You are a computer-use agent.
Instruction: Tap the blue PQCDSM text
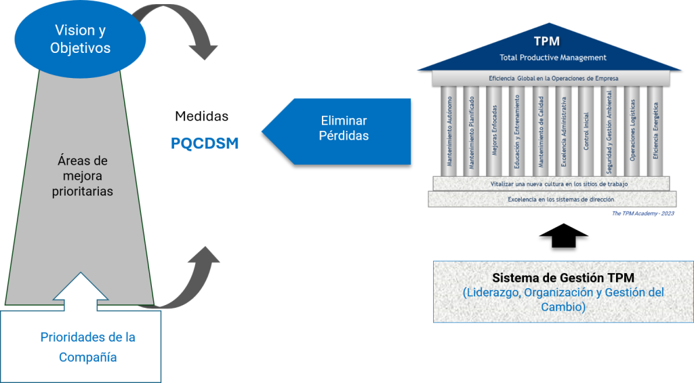pyautogui.click(x=205, y=144)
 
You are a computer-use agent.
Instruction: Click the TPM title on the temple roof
pyautogui.click(x=546, y=42)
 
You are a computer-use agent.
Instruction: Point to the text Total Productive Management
pyautogui.click(x=553, y=58)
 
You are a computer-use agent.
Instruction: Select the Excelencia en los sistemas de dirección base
pyautogui.click(x=552, y=199)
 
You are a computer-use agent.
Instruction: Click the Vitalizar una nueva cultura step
pyautogui.click(x=552, y=184)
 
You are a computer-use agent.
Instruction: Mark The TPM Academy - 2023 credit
pyautogui.click(x=641, y=214)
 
